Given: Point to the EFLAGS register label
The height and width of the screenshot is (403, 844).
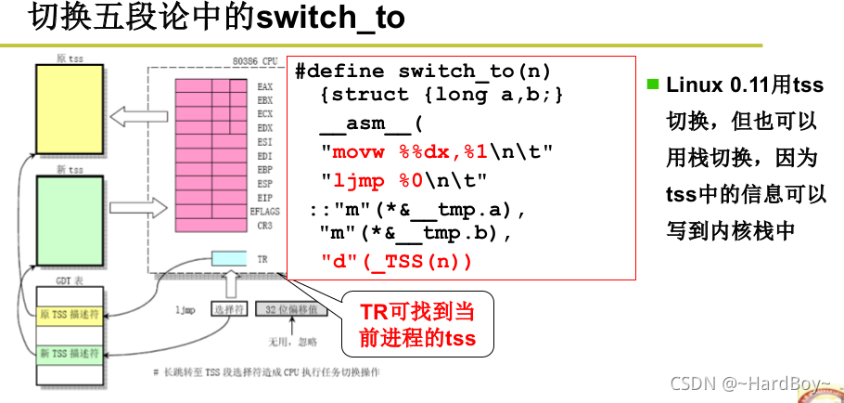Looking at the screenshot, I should [262, 212].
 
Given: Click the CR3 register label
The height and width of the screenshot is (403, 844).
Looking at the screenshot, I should [264, 226].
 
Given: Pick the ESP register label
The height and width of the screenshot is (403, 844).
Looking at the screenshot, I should [264, 184].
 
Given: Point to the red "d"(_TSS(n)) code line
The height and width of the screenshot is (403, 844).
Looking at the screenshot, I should [396, 262].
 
